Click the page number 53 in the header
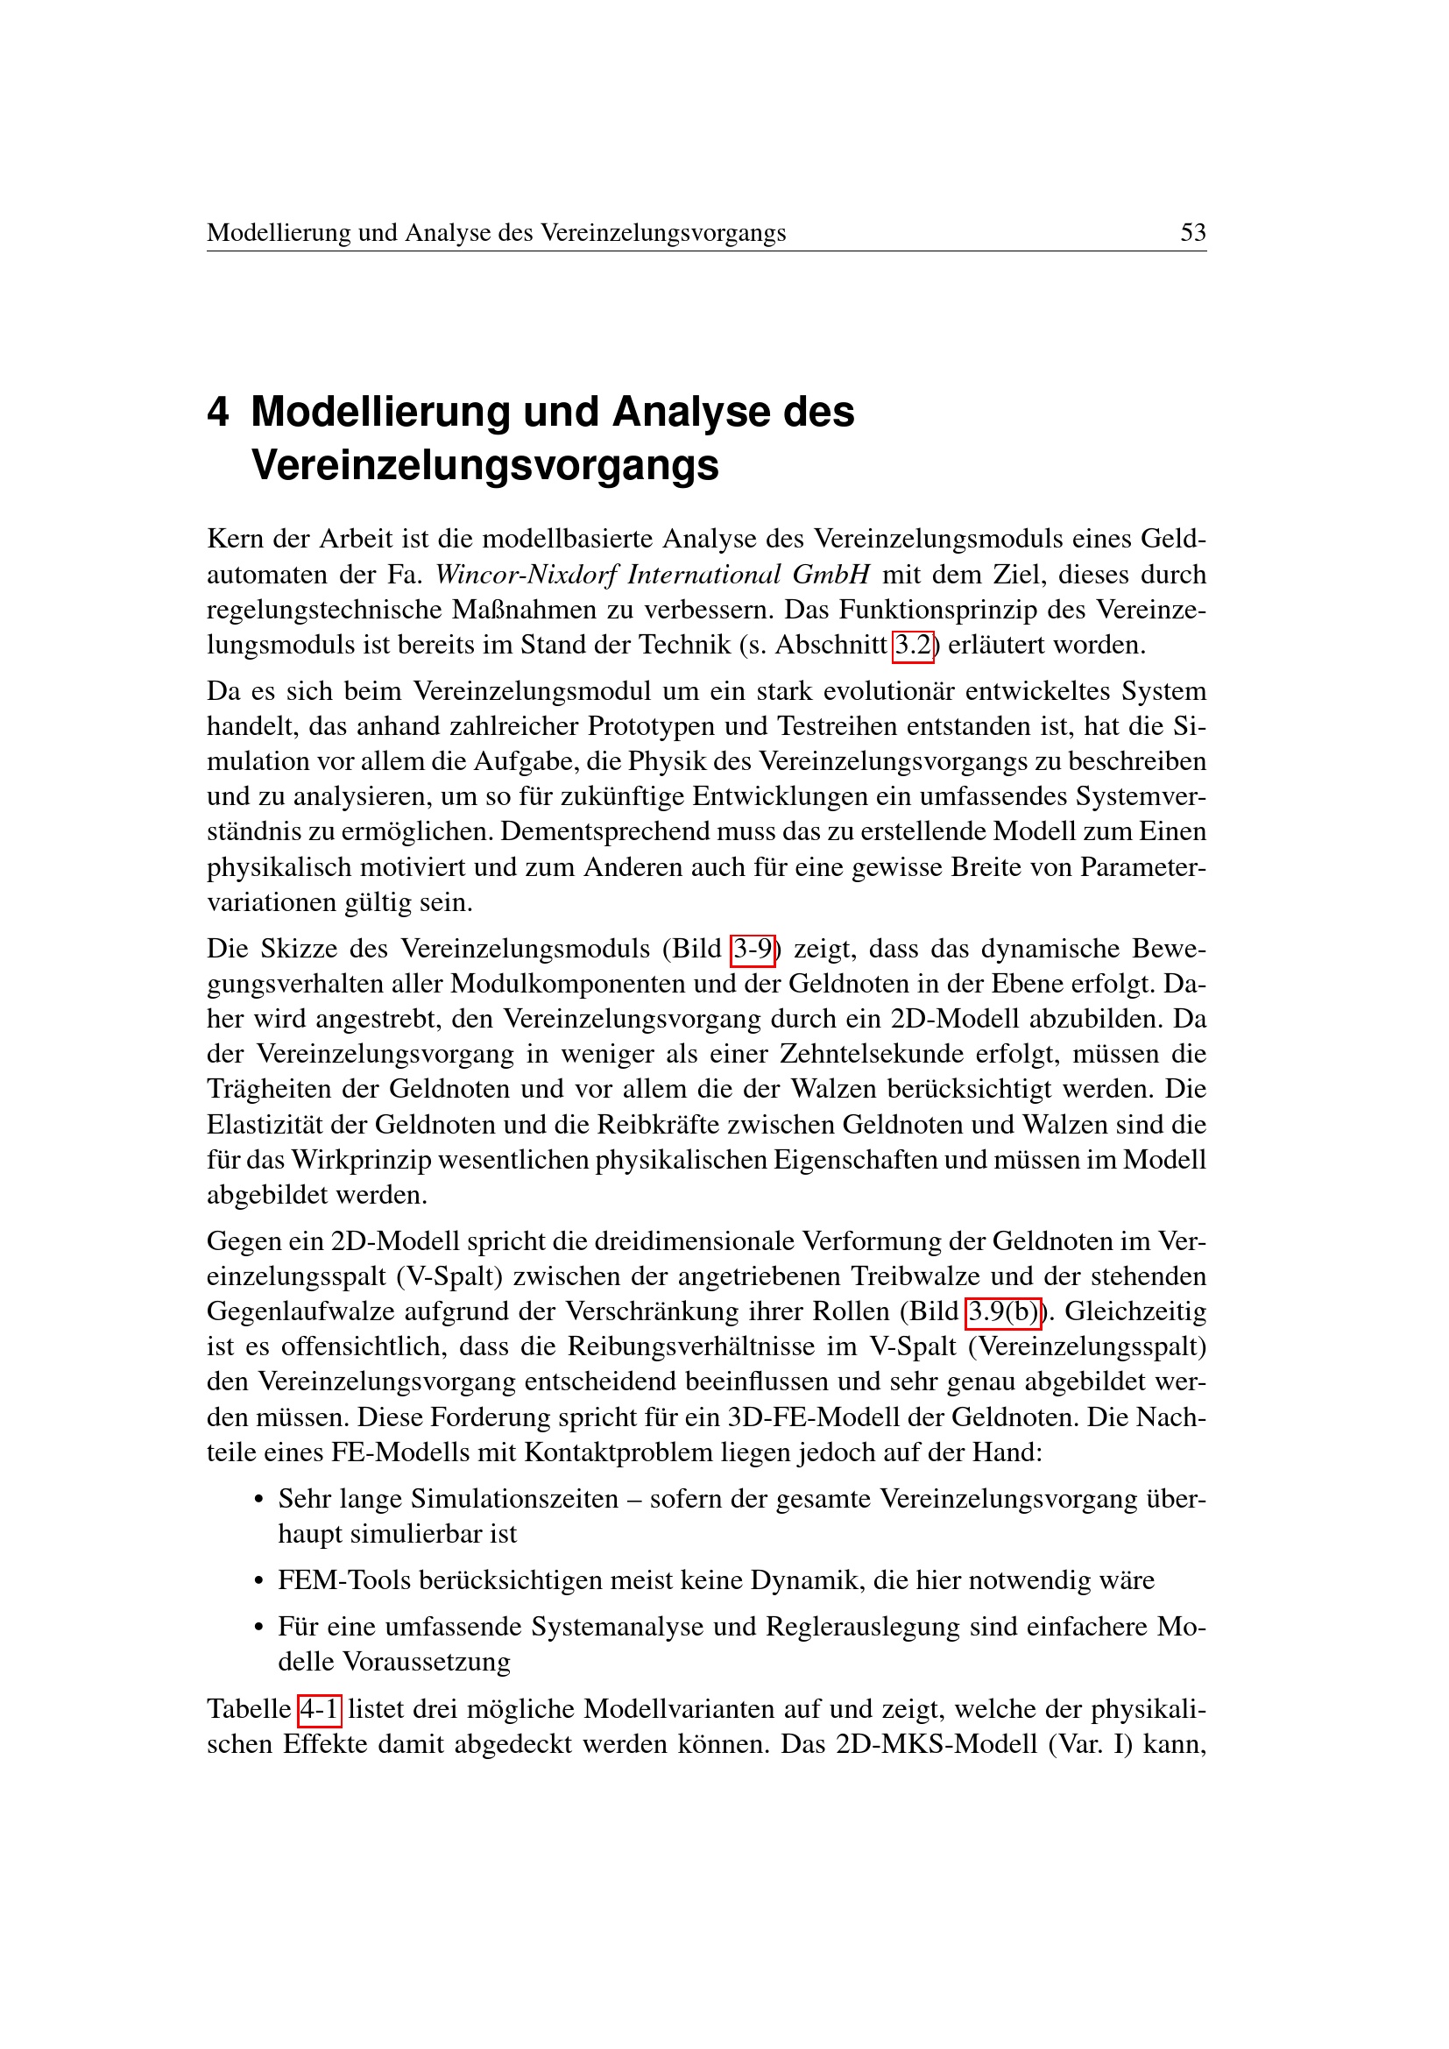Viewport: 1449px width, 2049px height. point(1192,233)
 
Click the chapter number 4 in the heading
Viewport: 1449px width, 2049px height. point(218,413)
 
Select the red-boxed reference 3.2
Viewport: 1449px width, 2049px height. point(913,646)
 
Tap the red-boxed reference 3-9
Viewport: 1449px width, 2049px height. point(753,949)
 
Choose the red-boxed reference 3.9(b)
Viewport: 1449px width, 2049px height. point(1003,1312)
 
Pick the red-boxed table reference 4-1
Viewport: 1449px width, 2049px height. point(320,1709)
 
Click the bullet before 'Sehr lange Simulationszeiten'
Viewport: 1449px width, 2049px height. point(258,1500)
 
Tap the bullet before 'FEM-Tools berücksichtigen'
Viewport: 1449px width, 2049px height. point(258,1581)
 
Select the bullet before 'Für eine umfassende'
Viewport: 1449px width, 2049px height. point(258,1628)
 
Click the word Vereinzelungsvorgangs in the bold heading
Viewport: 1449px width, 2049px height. point(484,465)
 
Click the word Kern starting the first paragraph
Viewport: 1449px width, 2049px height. point(235,540)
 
